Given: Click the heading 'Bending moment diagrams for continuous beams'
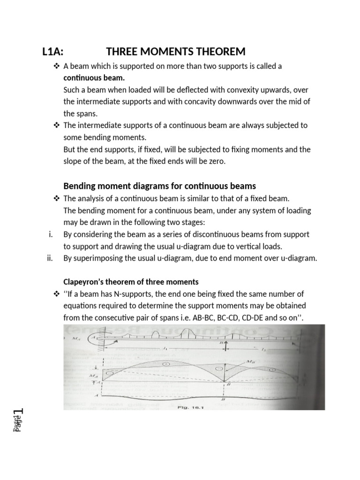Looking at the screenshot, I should [x=159, y=186].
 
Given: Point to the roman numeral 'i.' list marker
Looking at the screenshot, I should [x=51, y=234].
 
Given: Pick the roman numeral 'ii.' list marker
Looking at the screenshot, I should [x=50, y=257].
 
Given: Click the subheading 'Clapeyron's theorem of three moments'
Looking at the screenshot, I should [x=131, y=282].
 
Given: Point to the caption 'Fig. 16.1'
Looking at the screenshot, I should [x=194, y=407].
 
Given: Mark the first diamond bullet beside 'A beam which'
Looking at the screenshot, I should [x=57, y=66].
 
